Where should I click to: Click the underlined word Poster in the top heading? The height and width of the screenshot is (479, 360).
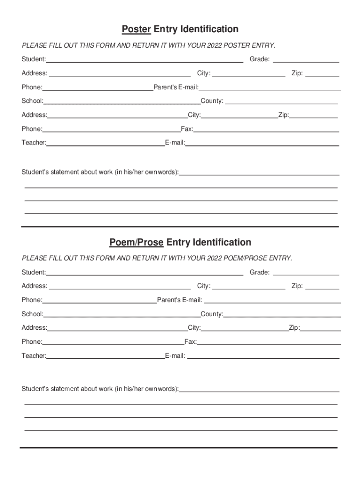pos(136,29)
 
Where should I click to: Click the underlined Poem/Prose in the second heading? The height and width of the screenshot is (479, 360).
pos(137,242)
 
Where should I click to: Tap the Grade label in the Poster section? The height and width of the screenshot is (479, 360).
pos(259,59)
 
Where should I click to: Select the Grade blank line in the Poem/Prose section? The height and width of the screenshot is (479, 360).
pos(306,275)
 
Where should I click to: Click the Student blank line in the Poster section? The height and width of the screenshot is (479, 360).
pos(144,62)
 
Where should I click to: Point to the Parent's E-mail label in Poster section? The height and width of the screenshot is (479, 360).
pos(176,87)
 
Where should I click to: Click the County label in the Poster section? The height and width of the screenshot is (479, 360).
pos(212,101)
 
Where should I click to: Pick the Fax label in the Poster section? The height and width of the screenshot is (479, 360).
pos(187,129)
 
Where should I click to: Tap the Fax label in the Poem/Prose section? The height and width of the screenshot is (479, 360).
pos(191,342)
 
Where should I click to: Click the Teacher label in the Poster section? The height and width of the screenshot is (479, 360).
pos(34,143)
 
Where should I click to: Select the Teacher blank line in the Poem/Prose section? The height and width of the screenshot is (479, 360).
pos(105,358)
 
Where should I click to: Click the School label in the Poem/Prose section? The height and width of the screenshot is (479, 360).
pos(32,314)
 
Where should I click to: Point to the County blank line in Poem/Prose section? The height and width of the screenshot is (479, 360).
pos(282,317)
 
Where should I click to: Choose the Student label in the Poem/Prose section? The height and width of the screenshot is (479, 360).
pos(33,272)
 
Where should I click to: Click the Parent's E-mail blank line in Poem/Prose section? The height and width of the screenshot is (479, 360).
pos(272,303)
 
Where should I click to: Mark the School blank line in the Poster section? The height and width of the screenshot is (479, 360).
pos(122,103)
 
